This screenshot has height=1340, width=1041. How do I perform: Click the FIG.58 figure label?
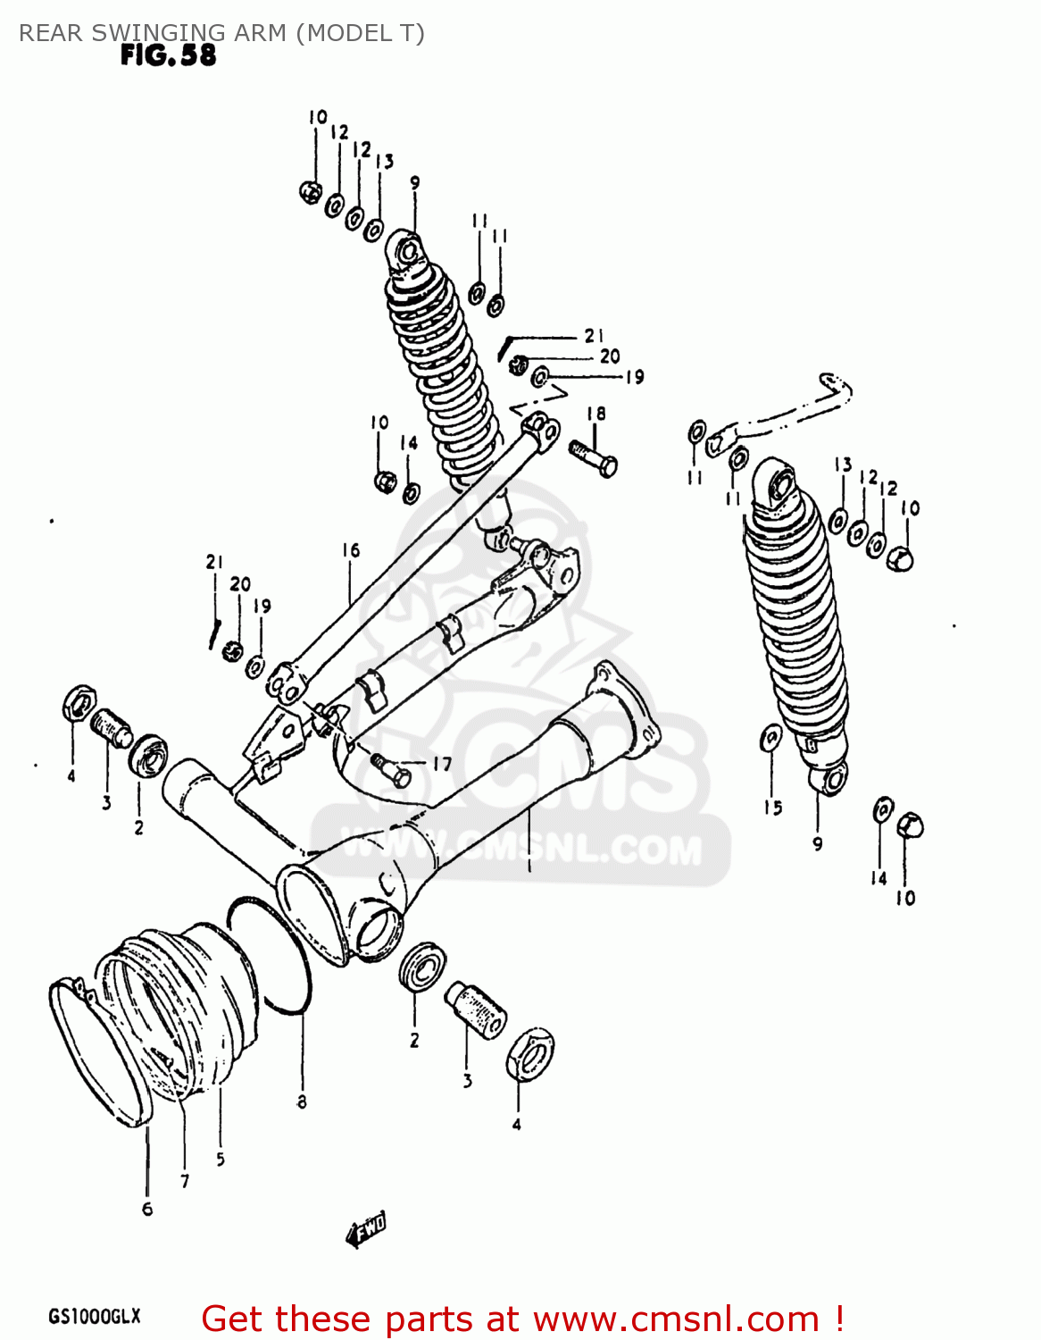(168, 55)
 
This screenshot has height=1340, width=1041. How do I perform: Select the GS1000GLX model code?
(94, 1317)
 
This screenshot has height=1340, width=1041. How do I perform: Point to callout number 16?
(350, 550)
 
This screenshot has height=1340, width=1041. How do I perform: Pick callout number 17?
(441, 764)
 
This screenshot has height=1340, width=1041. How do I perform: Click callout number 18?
(596, 414)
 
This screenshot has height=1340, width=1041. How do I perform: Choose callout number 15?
(772, 808)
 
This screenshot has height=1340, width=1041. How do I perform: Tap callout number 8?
(302, 1102)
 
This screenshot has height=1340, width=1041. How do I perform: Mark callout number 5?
(220, 1160)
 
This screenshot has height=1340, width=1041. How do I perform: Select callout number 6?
(147, 1209)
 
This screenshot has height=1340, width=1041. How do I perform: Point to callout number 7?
(185, 1181)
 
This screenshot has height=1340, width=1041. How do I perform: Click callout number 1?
(529, 865)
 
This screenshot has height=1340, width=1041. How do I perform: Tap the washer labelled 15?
(770, 739)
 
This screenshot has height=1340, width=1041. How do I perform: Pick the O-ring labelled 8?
(268, 956)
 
